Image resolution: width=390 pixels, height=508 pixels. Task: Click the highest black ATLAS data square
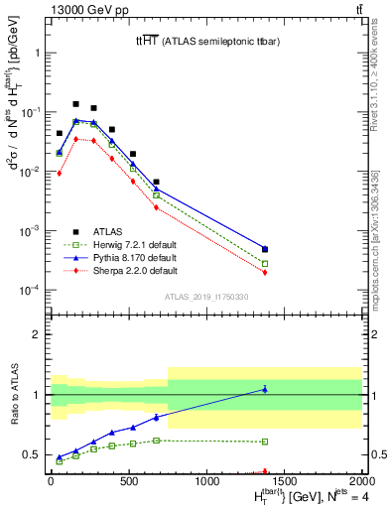(75, 104)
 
